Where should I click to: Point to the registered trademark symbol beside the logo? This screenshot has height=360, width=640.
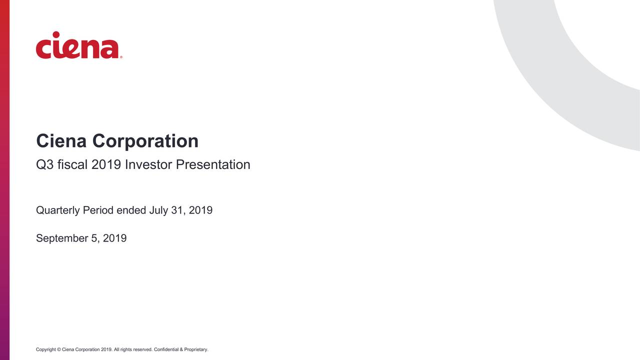[121, 57]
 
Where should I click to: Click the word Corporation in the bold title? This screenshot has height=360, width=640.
[145, 141]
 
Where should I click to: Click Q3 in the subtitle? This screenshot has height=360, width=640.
[44, 164]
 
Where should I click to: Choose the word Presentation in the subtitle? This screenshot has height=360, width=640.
[213, 164]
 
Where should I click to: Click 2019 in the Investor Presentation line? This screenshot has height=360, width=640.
[106, 164]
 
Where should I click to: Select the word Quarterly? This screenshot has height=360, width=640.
[57, 210]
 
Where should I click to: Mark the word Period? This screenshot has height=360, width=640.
[98, 210]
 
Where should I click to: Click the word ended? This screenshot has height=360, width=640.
[131, 210]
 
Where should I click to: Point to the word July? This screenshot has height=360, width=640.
[158, 210]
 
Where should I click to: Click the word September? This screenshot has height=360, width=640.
[61, 238]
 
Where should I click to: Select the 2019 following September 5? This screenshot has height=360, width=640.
[114, 238]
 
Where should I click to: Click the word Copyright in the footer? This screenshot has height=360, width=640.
[45, 349]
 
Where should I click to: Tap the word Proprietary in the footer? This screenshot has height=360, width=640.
[196, 349]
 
